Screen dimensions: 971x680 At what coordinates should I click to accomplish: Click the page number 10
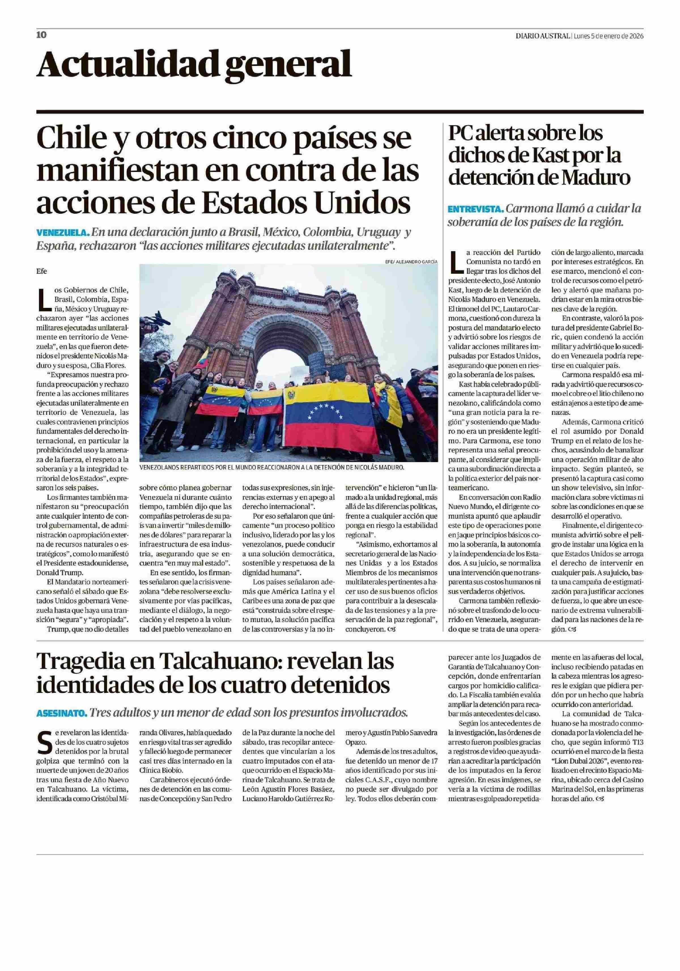[41, 35]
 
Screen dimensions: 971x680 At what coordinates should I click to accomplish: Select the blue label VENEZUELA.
[63, 233]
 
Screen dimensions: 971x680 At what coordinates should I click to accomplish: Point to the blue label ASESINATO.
[62, 713]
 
